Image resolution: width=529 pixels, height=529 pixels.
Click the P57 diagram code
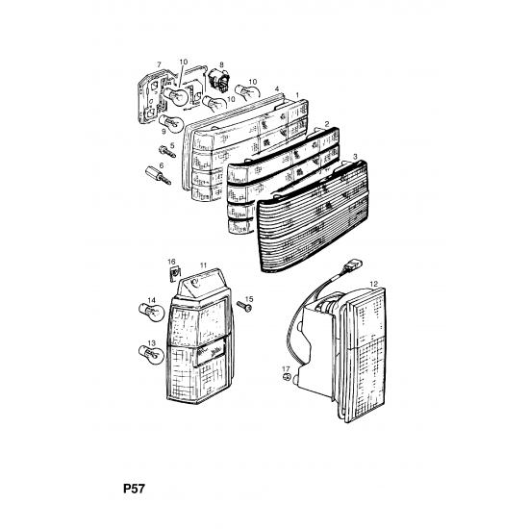pyautogui.click(x=134, y=489)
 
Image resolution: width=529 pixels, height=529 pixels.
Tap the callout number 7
pyautogui.click(x=160, y=64)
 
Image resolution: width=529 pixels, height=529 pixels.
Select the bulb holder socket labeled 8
pyautogui.click(x=218, y=79)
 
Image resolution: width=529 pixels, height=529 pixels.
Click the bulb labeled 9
pyautogui.click(x=170, y=123)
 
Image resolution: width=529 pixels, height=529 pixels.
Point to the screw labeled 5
pyautogui.click(x=166, y=152)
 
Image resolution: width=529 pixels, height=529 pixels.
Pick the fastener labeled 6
pyautogui.click(x=158, y=176)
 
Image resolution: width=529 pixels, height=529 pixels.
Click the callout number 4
pyautogui.click(x=277, y=89)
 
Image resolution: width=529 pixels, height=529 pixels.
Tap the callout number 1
pyautogui.click(x=297, y=95)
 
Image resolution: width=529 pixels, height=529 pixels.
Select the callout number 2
pyautogui.click(x=327, y=124)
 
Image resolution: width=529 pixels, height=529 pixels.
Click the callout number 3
pyautogui.click(x=355, y=157)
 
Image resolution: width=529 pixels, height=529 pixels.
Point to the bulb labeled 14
pyautogui.click(x=152, y=312)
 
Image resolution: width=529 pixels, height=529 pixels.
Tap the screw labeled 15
pyautogui.click(x=244, y=306)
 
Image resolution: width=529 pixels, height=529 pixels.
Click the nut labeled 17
pyautogui.click(x=287, y=377)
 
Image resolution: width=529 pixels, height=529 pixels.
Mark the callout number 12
pyautogui.click(x=373, y=284)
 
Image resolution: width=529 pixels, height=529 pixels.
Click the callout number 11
pyautogui.click(x=203, y=265)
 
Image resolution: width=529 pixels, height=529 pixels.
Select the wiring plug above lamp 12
pyautogui.click(x=352, y=264)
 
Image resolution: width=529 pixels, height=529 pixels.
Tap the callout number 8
pyautogui.click(x=221, y=64)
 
